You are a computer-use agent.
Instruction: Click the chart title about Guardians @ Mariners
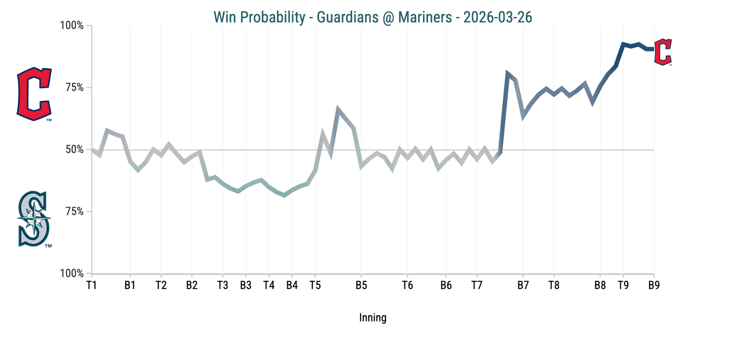pyautogui.click(x=372, y=17)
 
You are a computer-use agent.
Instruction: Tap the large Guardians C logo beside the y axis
pyautogui.click(x=34, y=94)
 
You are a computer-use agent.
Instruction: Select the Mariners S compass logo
pyautogui.click(x=34, y=219)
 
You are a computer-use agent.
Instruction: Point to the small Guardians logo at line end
pyautogui.click(x=662, y=52)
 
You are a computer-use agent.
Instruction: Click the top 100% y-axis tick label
pyautogui.click(x=72, y=26)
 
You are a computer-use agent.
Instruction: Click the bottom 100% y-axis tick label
pyautogui.click(x=72, y=274)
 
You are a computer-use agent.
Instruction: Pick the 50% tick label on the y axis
pyautogui.click(x=75, y=150)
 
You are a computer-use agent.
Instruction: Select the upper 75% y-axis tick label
pyautogui.click(x=75, y=87)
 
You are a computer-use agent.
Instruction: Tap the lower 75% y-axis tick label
pyautogui.click(x=75, y=211)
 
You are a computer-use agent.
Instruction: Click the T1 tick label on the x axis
pyautogui.click(x=91, y=285)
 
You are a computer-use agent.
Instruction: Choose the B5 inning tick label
pyautogui.click(x=361, y=285)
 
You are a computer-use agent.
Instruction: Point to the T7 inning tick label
pyautogui.click(x=477, y=285)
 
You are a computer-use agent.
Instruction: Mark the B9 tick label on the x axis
pyautogui.click(x=654, y=285)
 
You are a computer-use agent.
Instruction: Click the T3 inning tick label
pyautogui.click(x=222, y=285)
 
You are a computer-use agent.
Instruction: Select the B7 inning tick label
pyautogui.click(x=523, y=285)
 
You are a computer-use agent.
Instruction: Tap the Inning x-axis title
pyautogui.click(x=372, y=318)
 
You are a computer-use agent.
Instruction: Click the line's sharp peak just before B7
pyautogui.click(x=507, y=73)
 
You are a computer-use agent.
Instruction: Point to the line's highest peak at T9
pyautogui.click(x=623, y=44)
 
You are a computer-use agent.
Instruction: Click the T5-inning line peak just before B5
pyautogui.click(x=338, y=109)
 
